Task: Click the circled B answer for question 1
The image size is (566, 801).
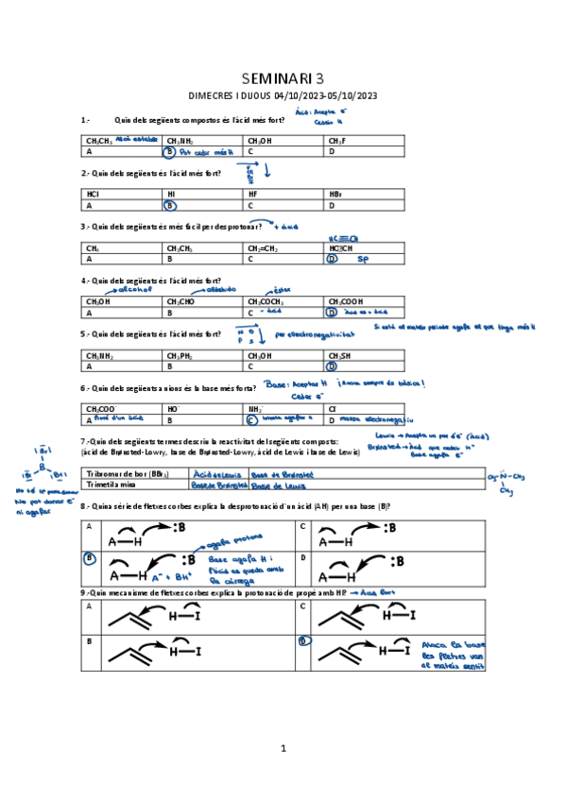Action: [x=170, y=151]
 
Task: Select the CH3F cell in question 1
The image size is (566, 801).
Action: [x=337, y=141]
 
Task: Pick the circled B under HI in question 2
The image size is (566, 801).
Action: [x=170, y=204]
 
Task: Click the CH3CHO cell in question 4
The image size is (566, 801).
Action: [x=181, y=301]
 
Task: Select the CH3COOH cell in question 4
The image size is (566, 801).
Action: [x=346, y=301]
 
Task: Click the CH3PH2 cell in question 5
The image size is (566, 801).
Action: [x=180, y=355]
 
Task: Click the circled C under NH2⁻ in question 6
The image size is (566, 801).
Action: [x=251, y=419]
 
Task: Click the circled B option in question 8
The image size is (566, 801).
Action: [x=90, y=558]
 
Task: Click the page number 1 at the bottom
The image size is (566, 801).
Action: [x=283, y=748]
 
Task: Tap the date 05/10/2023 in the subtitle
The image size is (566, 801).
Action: [x=354, y=95]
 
